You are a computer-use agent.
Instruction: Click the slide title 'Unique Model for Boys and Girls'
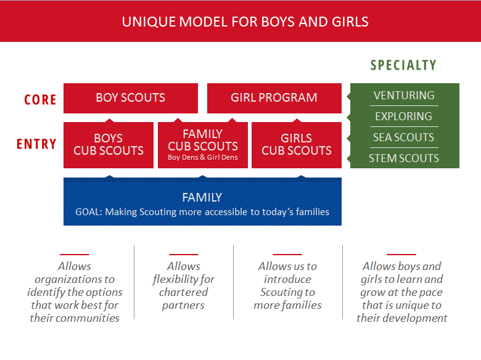(245, 22)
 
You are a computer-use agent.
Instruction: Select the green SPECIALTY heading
(403, 65)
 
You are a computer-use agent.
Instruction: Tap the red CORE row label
(40, 100)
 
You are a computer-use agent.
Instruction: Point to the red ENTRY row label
(36, 144)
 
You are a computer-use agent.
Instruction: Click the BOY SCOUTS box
(131, 98)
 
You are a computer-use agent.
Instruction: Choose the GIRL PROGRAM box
(274, 98)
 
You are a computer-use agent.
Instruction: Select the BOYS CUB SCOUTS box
(109, 145)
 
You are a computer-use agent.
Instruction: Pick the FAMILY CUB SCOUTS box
(203, 145)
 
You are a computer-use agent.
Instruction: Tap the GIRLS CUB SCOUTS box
(297, 145)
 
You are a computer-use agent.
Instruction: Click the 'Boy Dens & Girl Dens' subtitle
(203, 157)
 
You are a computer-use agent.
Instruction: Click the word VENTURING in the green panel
(404, 96)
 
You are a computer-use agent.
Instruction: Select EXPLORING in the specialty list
(404, 117)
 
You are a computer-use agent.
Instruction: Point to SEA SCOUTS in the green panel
(404, 137)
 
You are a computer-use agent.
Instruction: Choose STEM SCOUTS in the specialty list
(404, 158)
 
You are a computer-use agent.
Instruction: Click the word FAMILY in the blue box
(202, 197)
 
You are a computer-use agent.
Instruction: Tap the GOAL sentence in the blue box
(202, 212)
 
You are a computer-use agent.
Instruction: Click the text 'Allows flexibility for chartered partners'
(183, 285)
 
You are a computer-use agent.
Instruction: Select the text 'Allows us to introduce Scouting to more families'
(287, 285)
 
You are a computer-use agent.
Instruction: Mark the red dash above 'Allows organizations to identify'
(75, 254)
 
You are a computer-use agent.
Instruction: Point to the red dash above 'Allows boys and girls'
(401, 254)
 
